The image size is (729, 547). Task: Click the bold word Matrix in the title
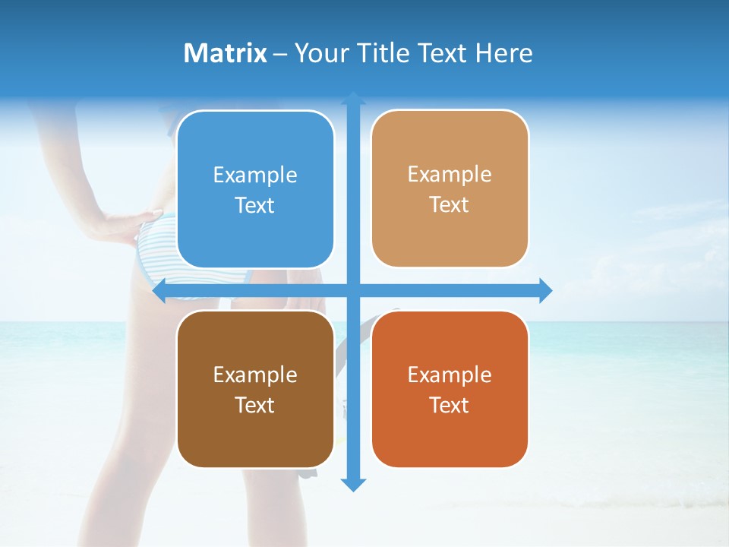[x=226, y=53]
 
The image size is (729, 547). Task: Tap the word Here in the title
[x=503, y=53]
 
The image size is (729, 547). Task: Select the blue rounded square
[x=255, y=189]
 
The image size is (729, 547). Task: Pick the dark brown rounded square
[x=255, y=389]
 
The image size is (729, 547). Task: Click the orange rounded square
[x=450, y=389]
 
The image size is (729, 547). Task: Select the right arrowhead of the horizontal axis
[x=545, y=291]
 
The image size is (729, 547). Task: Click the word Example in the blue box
[x=255, y=175]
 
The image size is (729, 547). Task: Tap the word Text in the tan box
[x=450, y=205]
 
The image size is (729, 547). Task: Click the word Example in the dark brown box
[x=255, y=375]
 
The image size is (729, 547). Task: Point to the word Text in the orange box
[x=450, y=405]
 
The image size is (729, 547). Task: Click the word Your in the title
[x=317, y=53]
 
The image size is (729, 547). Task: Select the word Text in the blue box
[x=255, y=205]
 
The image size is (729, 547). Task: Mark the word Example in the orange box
[x=450, y=375]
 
